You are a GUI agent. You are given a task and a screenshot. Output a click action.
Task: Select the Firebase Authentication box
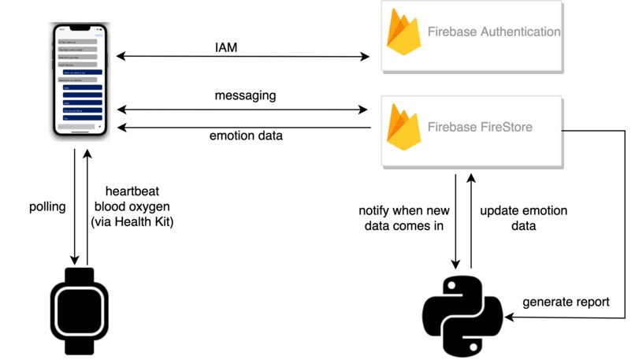(470, 35)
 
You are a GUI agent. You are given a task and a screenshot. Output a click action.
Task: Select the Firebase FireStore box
(470, 130)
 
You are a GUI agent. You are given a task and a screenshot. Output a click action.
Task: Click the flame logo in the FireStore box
(403, 128)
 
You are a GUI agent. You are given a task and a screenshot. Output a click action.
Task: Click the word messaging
(245, 96)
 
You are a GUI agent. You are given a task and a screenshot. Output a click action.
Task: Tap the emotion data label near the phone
(246, 136)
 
